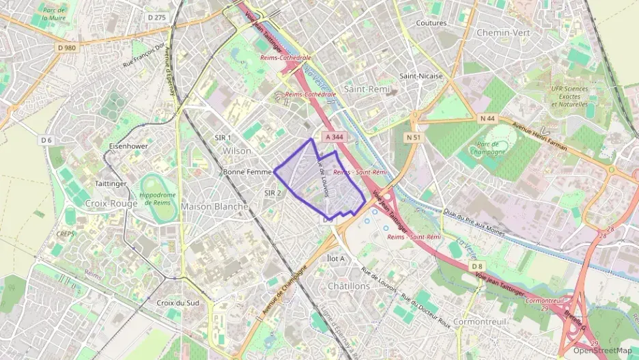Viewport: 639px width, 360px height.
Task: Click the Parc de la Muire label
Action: pos(53,14)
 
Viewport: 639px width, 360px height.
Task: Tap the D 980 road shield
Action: pos(67,47)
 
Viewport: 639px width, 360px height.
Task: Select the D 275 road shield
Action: pos(156,17)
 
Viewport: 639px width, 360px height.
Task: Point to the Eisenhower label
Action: pos(128,146)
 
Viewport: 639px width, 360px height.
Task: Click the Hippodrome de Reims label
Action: pos(159,199)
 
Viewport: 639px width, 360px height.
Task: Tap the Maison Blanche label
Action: pos(214,206)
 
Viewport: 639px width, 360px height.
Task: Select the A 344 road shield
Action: pos(335,137)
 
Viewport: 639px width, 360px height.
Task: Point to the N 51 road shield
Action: pos(413,137)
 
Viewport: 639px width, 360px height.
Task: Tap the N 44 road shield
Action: pos(487,118)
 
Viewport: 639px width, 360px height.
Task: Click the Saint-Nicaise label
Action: pos(421,76)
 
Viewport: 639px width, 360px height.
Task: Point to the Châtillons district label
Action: pos(348,286)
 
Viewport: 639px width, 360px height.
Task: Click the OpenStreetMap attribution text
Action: pos(602,350)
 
